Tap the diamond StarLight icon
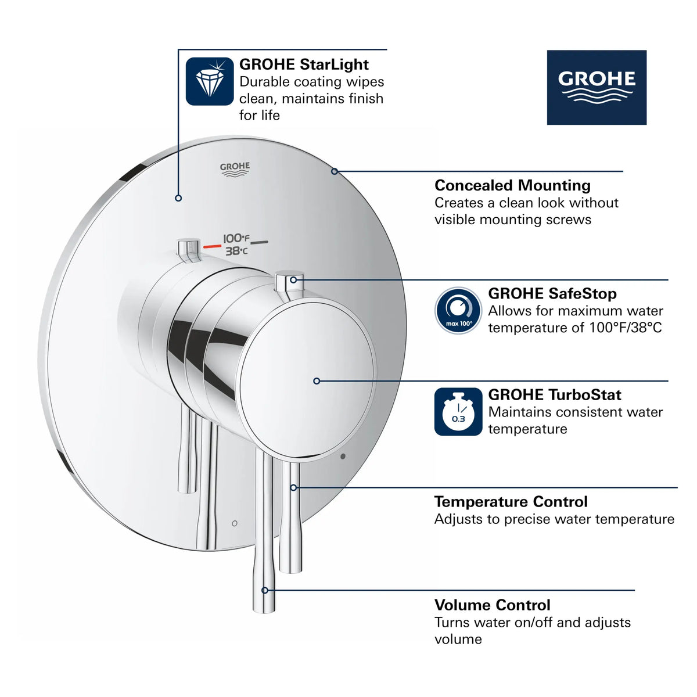tap(210, 81)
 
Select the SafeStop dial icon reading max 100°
tap(458, 310)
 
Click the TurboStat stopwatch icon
tap(458, 412)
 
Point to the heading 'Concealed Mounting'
tap(512, 185)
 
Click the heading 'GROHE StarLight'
tap(304, 64)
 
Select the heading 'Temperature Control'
tap(511, 502)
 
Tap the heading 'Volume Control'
tap(493, 605)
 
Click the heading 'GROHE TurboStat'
tap(555, 395)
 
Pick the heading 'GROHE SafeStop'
tap(552, 294)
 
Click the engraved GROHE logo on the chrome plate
tap(235, 170)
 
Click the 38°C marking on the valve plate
tap(237, 251)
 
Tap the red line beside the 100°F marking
tap(212, 246)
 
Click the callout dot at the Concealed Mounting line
tap(335, 171)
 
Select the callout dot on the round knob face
tap(317, 381)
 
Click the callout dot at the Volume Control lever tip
tap(265, 590)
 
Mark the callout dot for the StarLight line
tap(178, 198)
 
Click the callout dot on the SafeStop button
tap(293, 279)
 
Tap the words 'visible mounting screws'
tap(513, 220)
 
